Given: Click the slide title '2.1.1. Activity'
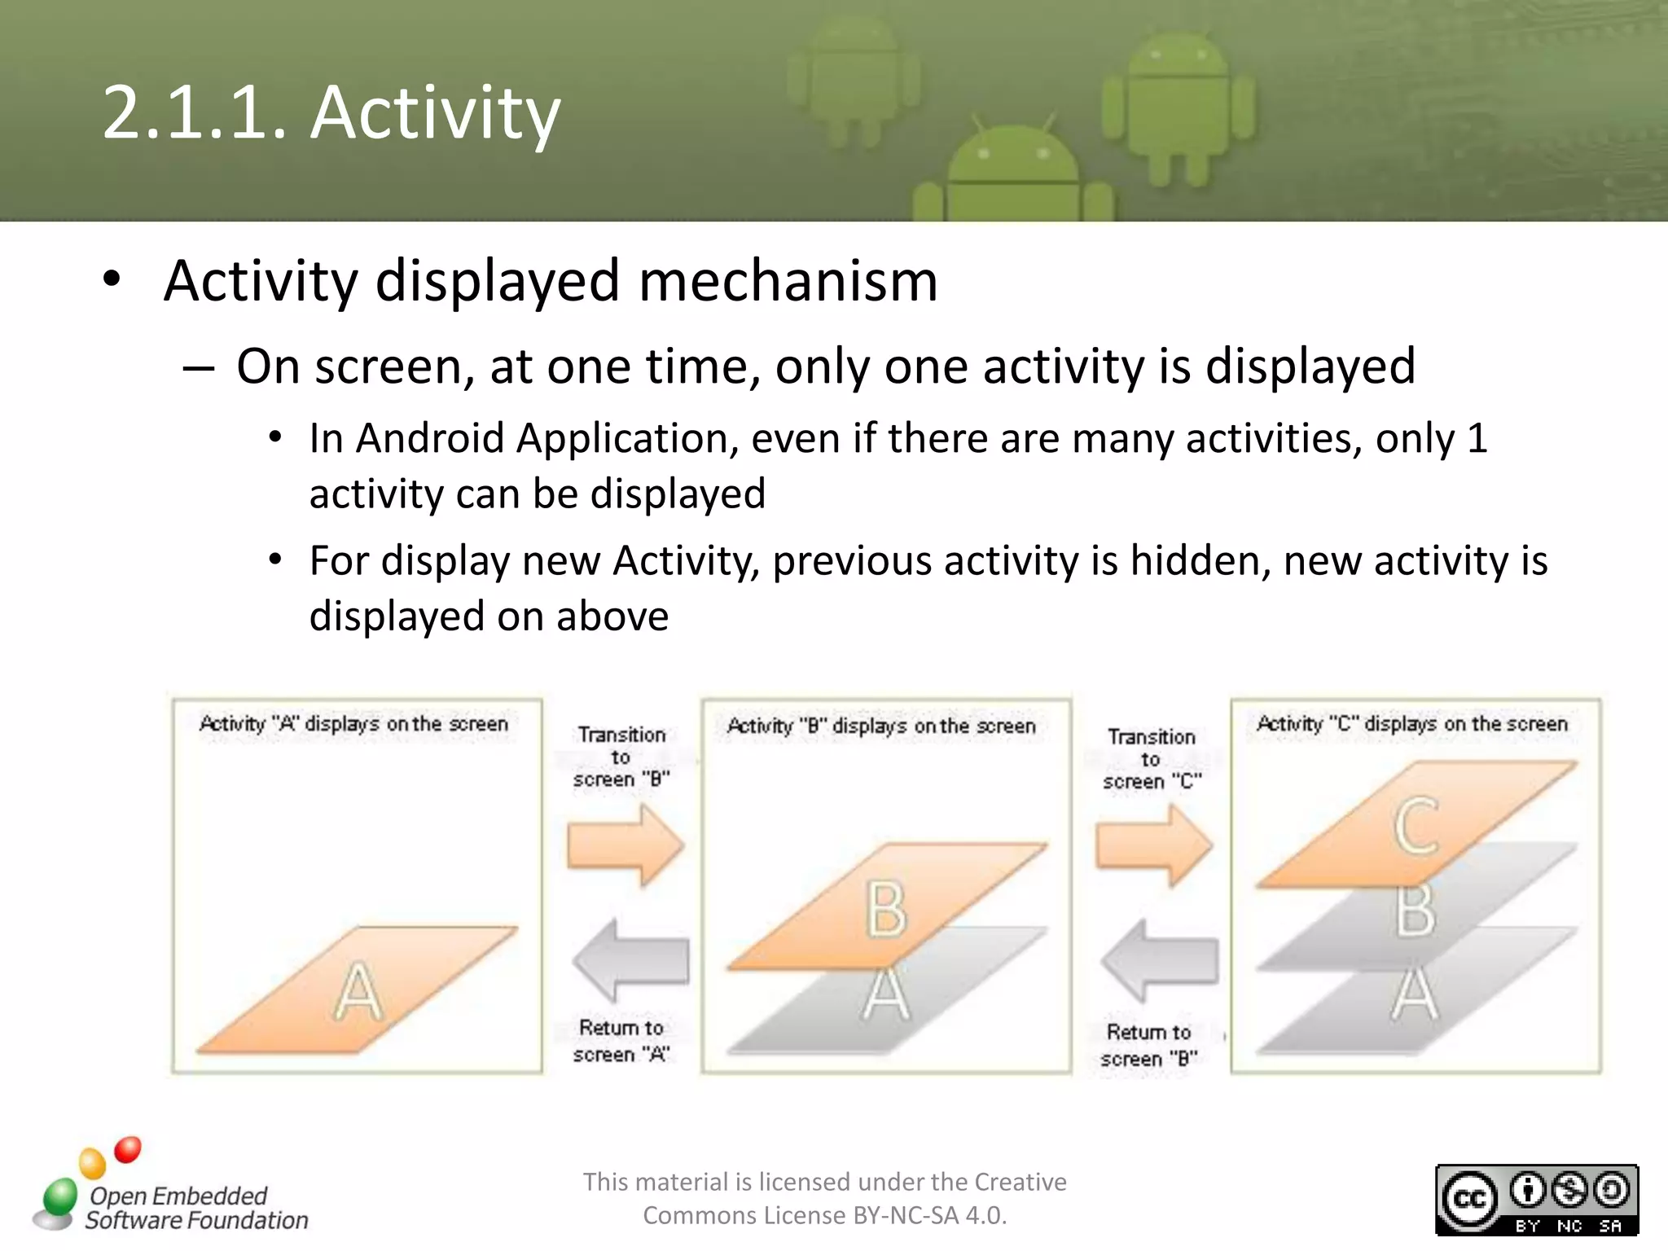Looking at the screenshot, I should coord(331,112).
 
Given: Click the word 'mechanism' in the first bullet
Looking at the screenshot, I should coord(788,281).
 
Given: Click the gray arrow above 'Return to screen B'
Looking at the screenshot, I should coord(1159,960).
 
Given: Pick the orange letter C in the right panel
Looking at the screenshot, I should coord(1416,826).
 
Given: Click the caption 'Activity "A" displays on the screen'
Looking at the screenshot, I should coord(353,724).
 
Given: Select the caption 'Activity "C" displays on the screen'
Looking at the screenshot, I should coord(1411,724).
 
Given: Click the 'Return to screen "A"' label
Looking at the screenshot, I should coord(621,1041).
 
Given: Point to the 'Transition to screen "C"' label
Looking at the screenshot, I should coord(1152,759).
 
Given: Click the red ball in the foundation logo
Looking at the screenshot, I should coord(128,1149).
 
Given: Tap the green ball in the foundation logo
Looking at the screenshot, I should coord(59,1196).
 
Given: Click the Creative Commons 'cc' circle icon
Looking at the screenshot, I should coord(1469,1199).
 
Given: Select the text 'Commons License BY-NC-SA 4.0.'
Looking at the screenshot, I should coord(824,1216).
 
